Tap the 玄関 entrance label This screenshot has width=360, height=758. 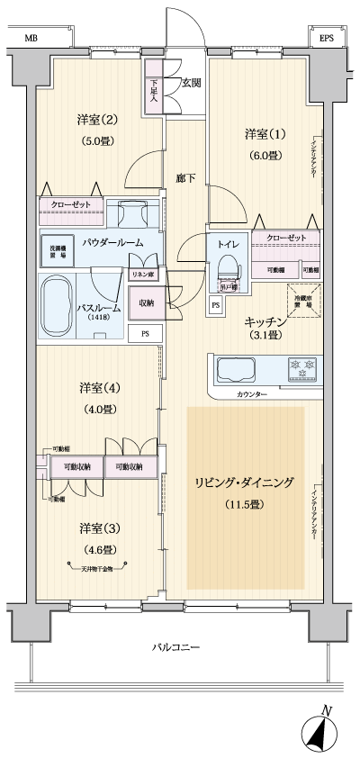[191, 83]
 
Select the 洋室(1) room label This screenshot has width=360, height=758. [265, 135]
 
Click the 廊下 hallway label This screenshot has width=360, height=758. [186, 179]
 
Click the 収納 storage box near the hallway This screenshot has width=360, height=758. [146, 303]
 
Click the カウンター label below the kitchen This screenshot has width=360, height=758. [253, 394]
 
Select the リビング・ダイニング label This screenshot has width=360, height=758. [244, 483]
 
